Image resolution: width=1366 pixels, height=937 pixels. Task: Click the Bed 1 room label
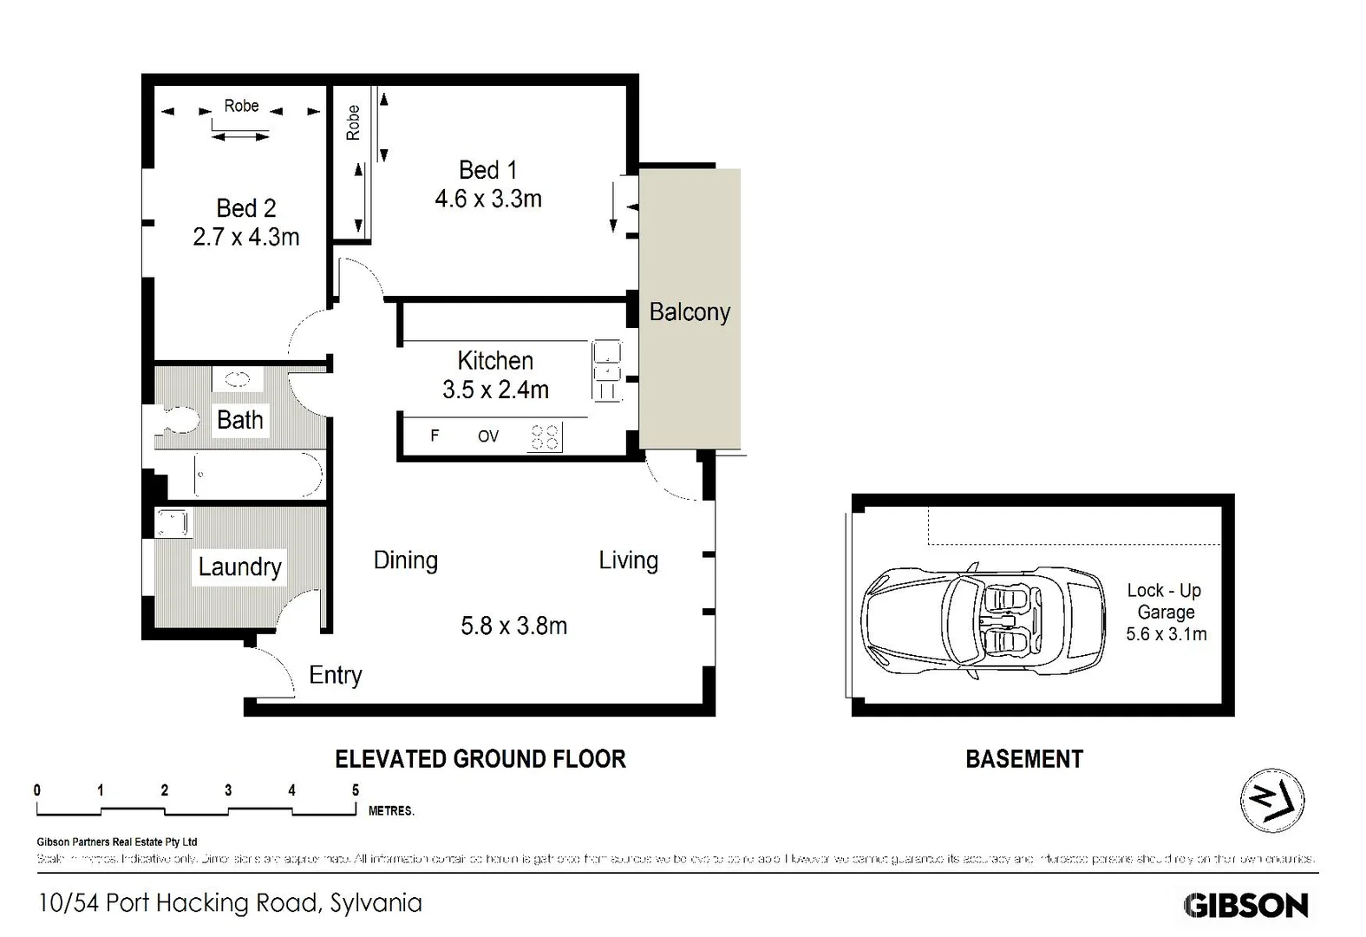coord(487,170)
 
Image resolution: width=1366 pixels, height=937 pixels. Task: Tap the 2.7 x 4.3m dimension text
coord(245,237)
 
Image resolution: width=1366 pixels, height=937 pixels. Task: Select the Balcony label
coord(690,312)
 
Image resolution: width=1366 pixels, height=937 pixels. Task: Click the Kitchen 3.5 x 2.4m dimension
coord(495,390)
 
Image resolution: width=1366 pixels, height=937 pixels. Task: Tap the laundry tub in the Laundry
coord(172,523)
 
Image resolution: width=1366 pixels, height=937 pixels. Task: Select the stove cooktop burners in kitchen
coord(544,436)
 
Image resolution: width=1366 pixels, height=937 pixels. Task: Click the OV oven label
coord(488,436)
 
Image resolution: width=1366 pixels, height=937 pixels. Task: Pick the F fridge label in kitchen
coord(435,436)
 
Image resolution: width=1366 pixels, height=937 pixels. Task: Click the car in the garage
coord(984,621)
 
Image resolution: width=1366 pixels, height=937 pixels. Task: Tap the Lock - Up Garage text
coord(1165,600)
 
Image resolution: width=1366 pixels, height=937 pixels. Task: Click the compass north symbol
coord(1271,800)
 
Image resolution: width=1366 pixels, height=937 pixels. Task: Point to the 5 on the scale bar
coord(356,790)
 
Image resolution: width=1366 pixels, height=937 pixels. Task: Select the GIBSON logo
coord(1245,906)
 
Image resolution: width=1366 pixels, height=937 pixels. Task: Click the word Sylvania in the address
coord(376,903)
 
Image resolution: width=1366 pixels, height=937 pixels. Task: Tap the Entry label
coord(335,675)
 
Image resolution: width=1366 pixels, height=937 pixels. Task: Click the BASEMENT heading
coord(1023,759)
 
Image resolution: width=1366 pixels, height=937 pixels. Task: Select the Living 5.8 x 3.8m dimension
coord(513,626)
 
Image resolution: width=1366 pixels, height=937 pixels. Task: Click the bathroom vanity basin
coord(238,378)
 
